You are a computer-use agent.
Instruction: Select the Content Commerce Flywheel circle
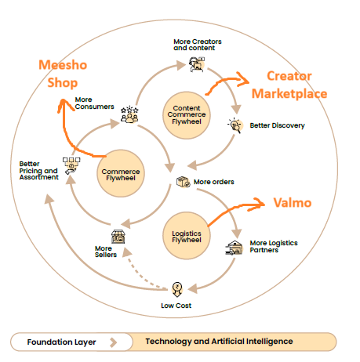point(186,114)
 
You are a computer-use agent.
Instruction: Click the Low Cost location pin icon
point(176,287)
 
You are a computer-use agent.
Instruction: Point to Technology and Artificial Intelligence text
point(219,342)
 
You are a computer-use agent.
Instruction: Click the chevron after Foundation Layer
point(115,342)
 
